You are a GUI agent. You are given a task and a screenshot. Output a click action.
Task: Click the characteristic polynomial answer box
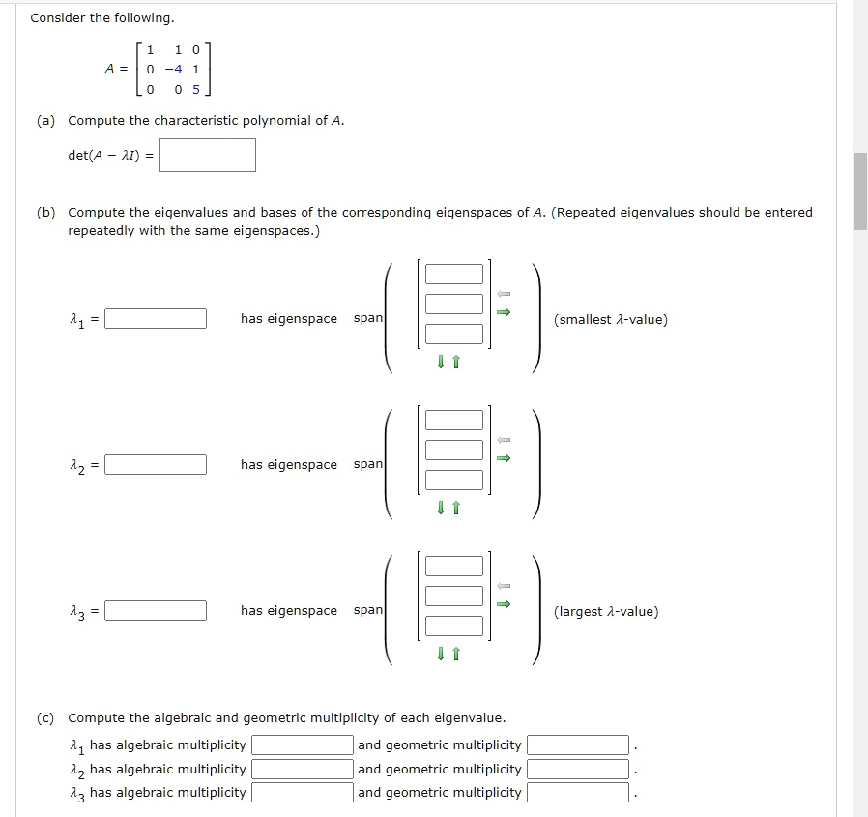pos(208,156)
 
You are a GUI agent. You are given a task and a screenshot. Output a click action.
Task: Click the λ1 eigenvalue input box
pos(156,319)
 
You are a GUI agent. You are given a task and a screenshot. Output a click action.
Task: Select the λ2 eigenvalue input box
pos(156,465)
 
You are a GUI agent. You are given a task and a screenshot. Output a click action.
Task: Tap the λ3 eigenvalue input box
pos(156,611)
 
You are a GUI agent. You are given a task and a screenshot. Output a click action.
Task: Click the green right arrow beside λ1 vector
pos(503,312)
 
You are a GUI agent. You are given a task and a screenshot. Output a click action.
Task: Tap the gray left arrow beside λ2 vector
pos(503,440)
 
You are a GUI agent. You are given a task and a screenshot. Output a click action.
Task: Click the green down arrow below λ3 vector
pos(441,655)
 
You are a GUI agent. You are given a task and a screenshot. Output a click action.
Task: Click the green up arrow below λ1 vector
pos(456,363)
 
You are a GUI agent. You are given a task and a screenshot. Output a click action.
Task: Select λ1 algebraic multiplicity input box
pos(303,745)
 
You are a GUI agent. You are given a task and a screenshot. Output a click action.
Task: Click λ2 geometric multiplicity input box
pos(578,770)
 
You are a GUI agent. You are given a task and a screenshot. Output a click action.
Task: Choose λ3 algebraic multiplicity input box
pos(303,793)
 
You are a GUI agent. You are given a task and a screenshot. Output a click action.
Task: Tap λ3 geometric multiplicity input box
pos(578,793)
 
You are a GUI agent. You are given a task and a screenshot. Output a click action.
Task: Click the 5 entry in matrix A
pos(196,91)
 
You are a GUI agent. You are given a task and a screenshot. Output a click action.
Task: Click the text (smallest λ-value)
pos(610,320)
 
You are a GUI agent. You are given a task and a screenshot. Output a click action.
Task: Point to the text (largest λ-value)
pos(606,612)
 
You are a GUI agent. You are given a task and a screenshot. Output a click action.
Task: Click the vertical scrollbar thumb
pos(860,190)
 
